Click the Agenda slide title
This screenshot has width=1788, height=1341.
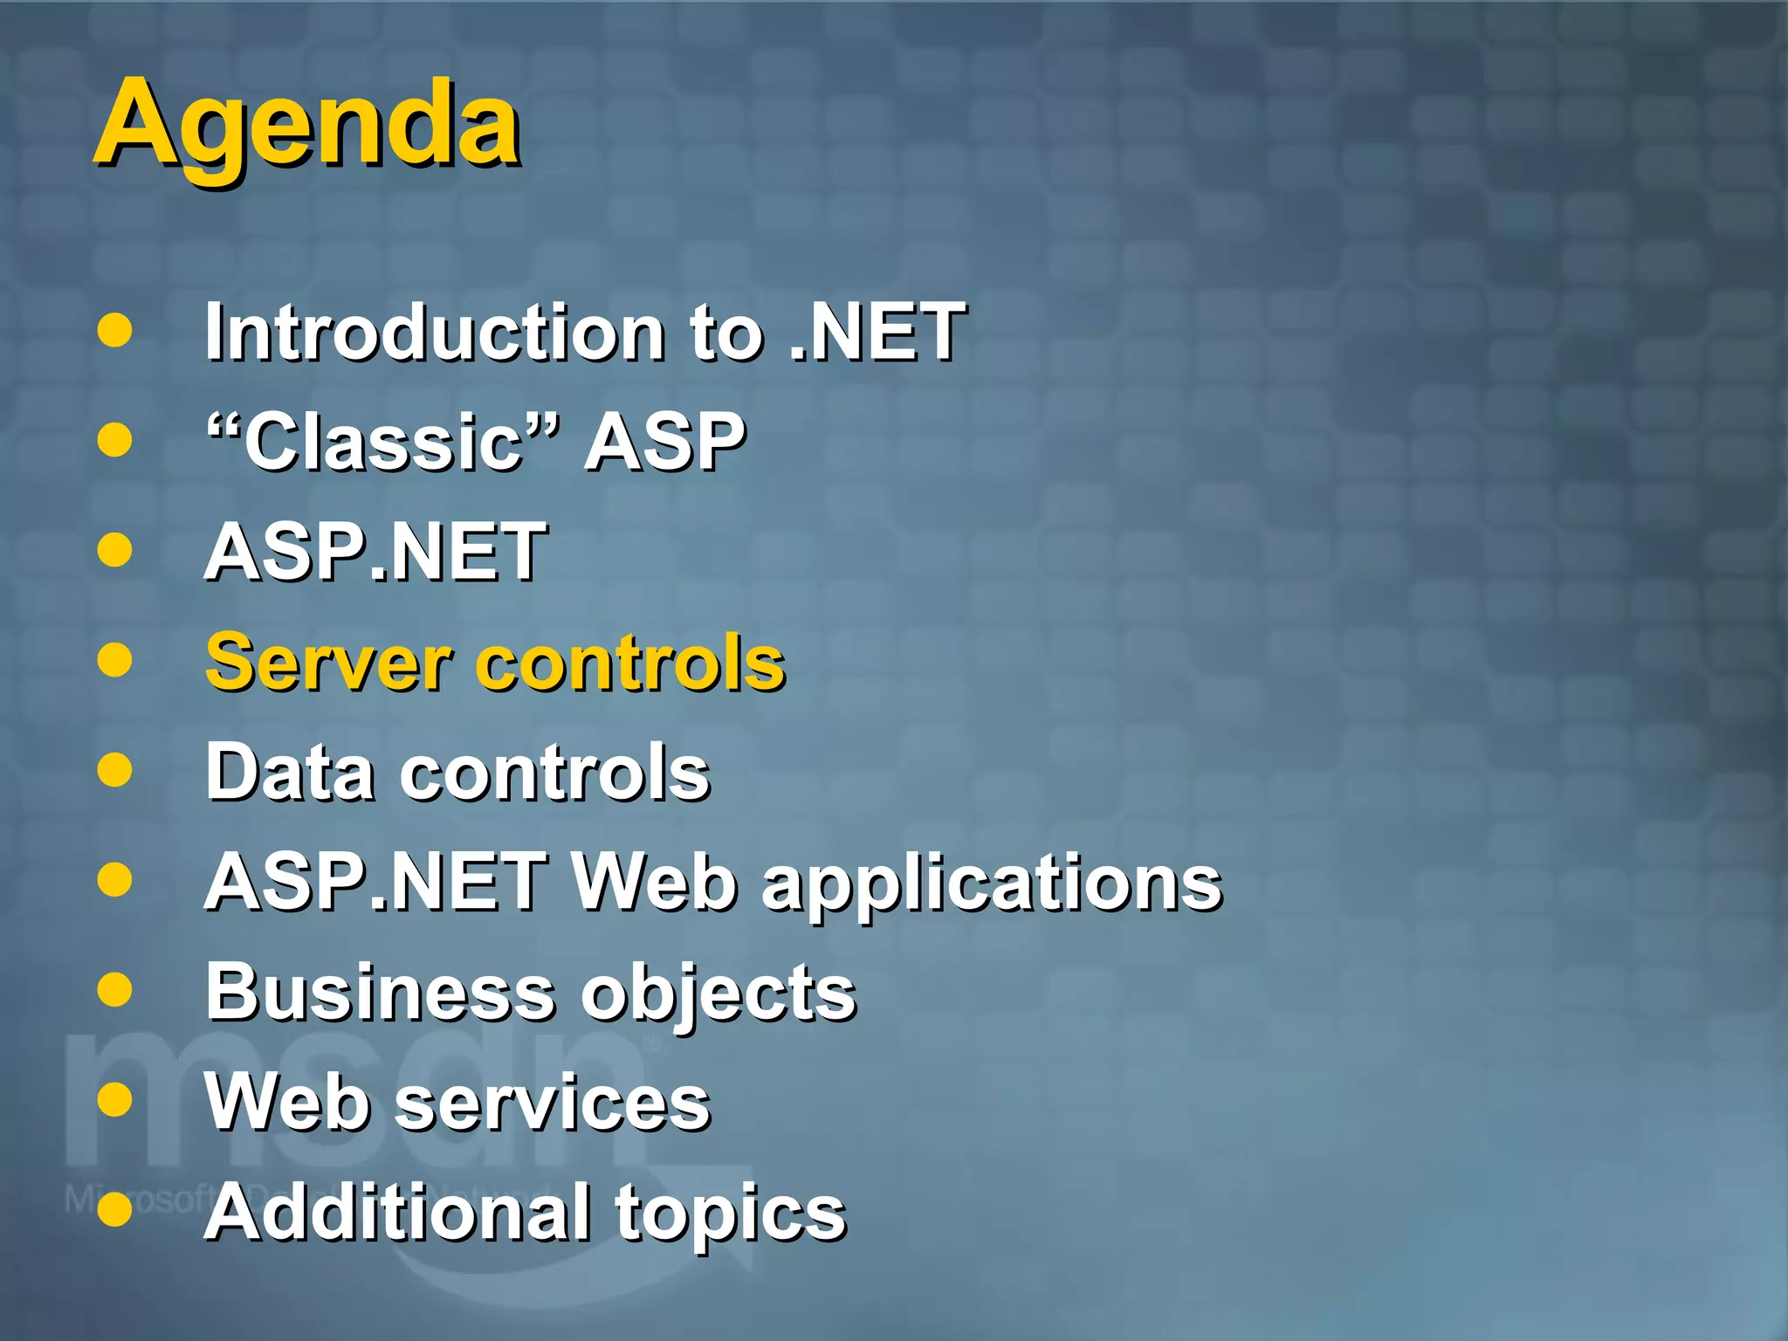tap(307, 124)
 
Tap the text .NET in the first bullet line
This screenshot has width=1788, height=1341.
tap(877, 332)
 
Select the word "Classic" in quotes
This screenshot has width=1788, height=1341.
tap(382, 442)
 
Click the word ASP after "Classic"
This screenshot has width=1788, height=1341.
tap(665, 442)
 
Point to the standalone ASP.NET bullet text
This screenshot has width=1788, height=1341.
tap(375, 552)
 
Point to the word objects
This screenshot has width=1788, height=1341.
tap(719, 995)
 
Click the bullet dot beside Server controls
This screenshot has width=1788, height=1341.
tap(115, 660)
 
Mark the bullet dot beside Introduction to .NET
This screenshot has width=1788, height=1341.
tap(115, 331)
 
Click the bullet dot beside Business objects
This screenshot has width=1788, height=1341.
tap(115, 990)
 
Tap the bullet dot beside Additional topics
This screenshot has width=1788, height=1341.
tap(115, 1210)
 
